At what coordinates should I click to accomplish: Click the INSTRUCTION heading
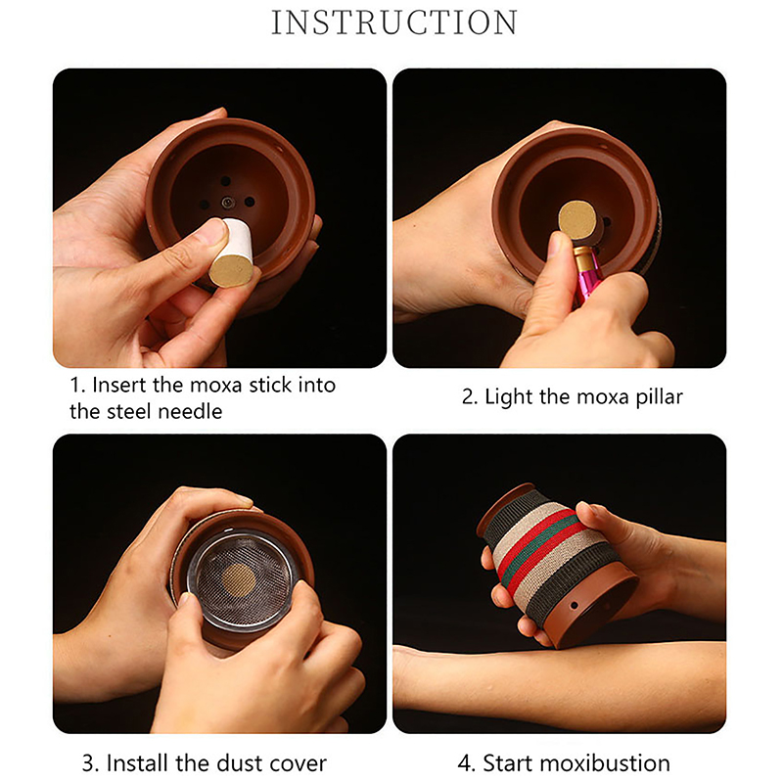(394, 23)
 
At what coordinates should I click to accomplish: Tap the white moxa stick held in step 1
(233, 253)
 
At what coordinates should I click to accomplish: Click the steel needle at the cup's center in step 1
(228, 203)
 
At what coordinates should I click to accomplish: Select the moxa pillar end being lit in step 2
(577, 218)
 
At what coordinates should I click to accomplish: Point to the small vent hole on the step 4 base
(575, 606)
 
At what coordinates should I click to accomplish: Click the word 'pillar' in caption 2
(659, 397)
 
